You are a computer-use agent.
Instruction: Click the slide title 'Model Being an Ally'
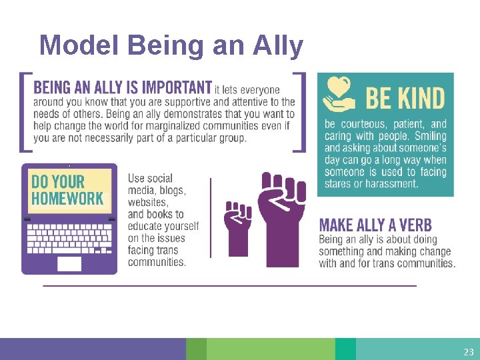[x=171, y=45]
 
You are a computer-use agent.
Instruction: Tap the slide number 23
[x=468, y=351]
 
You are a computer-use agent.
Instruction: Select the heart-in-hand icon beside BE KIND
[x=340, y=95]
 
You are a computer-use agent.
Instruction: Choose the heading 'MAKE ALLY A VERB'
[x=375, y=225]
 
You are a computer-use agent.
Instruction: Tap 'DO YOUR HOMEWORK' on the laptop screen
[x=67, y=190]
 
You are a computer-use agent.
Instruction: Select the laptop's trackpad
[x=69, y=263]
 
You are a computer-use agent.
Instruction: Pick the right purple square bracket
[x=302, y=111]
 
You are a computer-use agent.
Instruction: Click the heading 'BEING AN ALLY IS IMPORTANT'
[x=123, y=87]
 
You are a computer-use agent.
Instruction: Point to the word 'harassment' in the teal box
[x=393, y=183]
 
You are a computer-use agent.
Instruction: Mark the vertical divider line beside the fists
[x=211, y=217]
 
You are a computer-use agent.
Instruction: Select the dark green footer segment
[x=196, y=349]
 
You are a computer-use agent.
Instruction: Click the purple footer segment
[x=93, y=349]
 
